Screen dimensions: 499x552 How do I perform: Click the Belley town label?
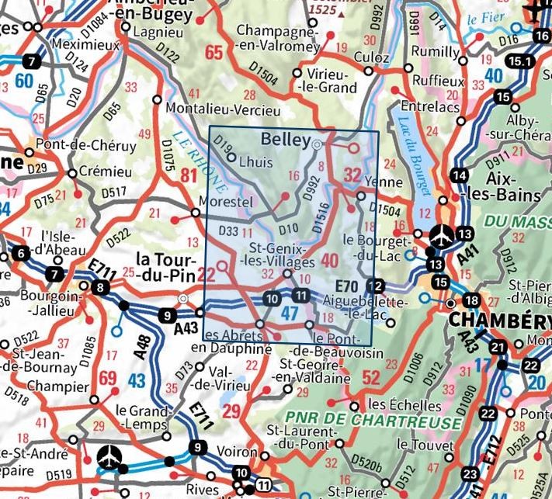(286, 140)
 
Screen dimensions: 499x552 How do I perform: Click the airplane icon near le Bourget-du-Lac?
(442, 233)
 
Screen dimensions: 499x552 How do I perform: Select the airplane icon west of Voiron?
(110, 458)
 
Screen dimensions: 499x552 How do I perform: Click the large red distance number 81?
(189, 177)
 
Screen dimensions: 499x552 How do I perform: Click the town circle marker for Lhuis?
(231, 156)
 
